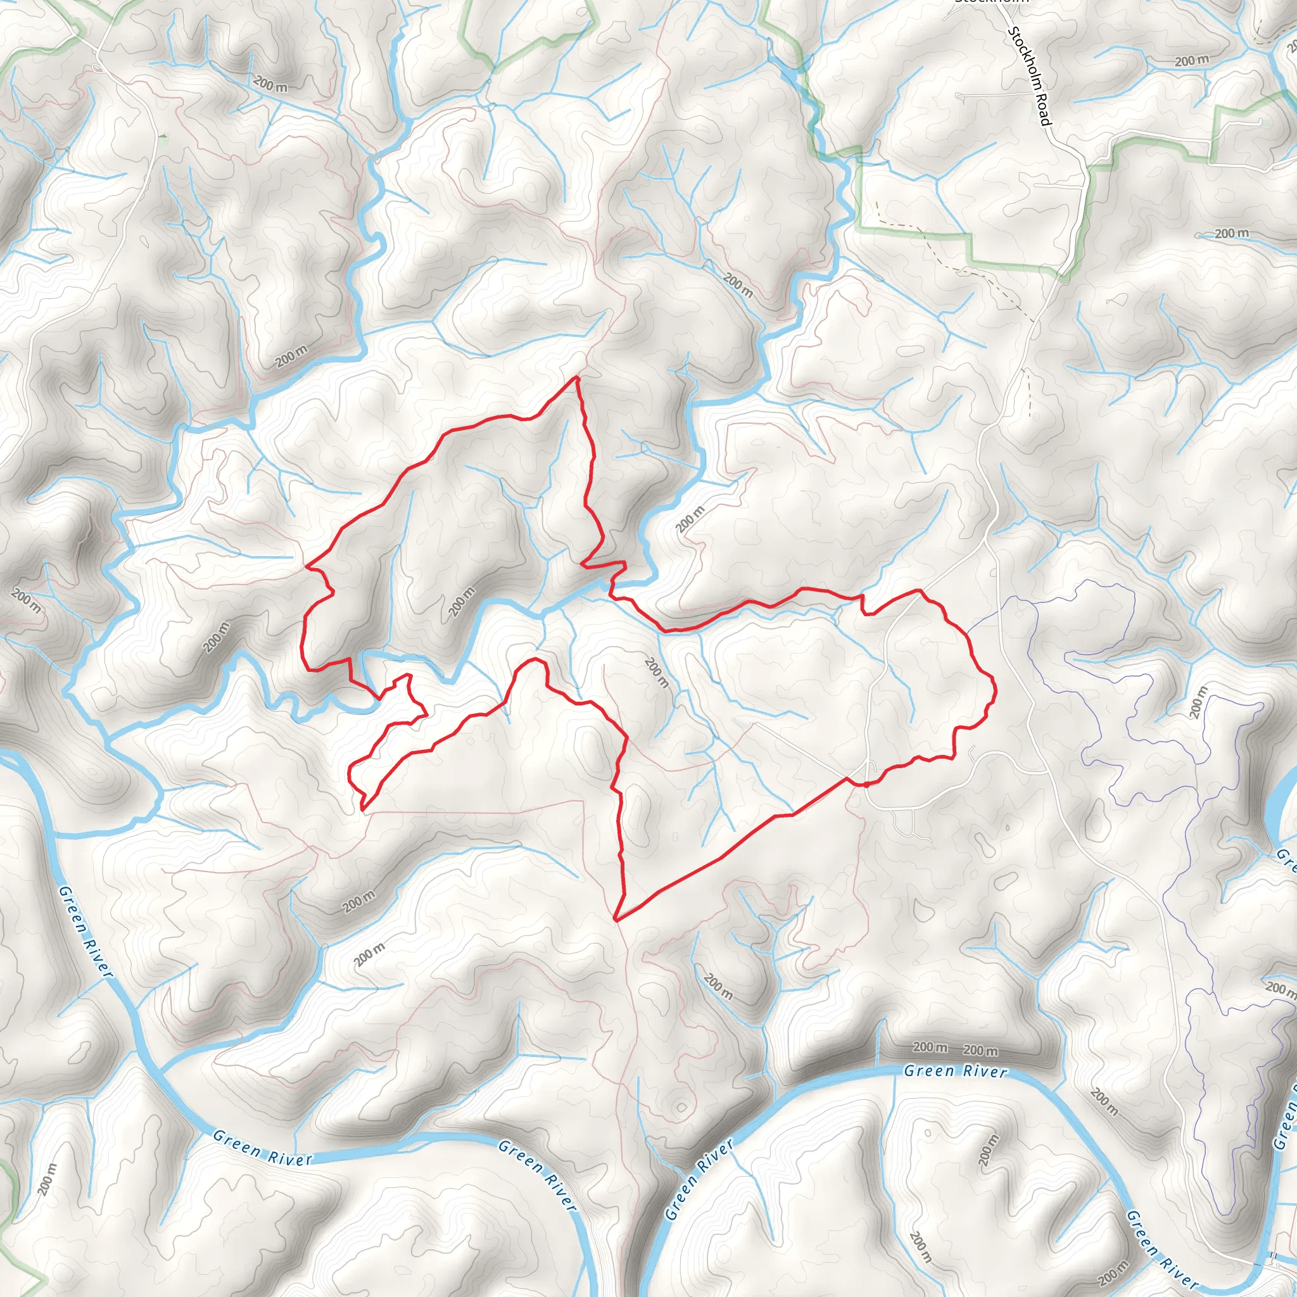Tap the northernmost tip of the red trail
click(577, 377)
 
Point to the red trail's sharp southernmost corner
click(616, 919)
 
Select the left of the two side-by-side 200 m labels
click(930, 1047)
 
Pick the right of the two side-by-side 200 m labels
click(980, 1050)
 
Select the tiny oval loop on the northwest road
click(98, 68)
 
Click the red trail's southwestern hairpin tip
click(363, 809)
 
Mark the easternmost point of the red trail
click(995, 689)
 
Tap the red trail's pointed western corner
click(307, 566)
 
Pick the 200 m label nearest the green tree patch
click(270, 85)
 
